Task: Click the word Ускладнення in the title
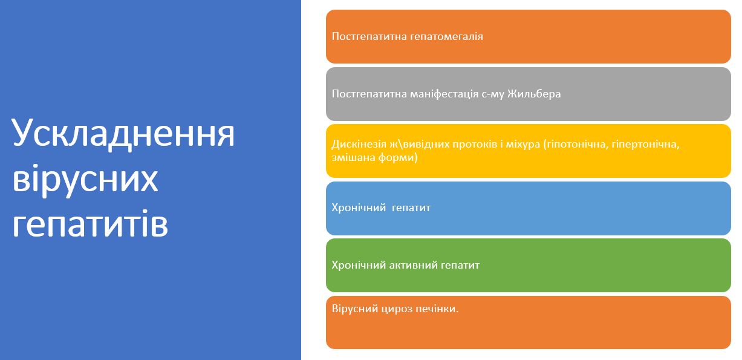(123, 133)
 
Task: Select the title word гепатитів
(90, 224)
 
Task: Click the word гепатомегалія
(446, 36)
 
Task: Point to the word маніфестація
(444, 94)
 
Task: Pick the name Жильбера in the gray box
(534, 94)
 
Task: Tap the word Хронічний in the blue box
(359, 208)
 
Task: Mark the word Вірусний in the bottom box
(355, 309)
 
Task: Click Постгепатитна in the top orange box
(369, 36)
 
